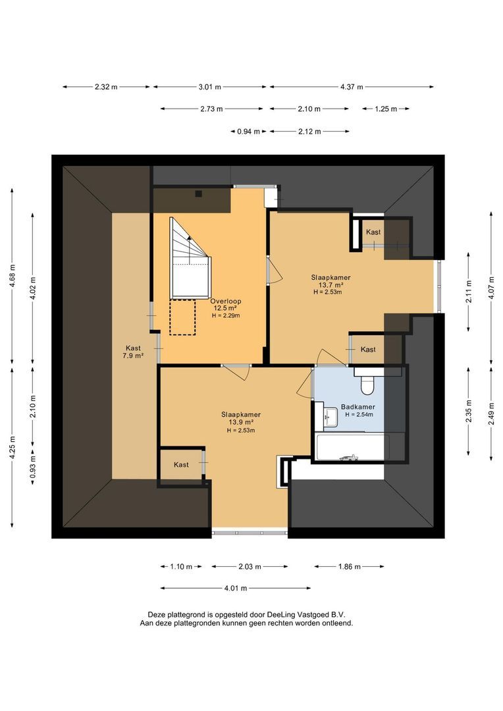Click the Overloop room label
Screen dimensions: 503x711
pyautogui.click(x=225, y=301)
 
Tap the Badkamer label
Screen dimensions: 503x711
pyautogui.click(x=358, y=407)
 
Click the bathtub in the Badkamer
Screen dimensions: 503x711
pyautogui.click(x=352, y=447)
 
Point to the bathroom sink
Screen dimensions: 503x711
pyautogui.click(x=331, y=417)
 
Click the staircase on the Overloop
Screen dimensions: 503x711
pyautogui.click(x=190, y=259)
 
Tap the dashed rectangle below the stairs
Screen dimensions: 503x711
pyautogui.click(x=182, y=317)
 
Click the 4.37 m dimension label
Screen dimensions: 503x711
pyautogui.click(x=352, y=87)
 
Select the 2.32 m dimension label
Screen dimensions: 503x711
pyautogui.click(x=106, y=87)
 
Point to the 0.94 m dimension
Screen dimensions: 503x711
pyautogui.click(x=249, y=132)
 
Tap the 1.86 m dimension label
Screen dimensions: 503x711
pyautogui.click(x=349, y=566)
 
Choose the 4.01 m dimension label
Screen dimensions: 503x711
pyautogui.click(x=236, y=588)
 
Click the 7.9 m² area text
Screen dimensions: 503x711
pyautogui.click(x=133, y=356)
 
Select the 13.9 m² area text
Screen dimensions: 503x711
pyautogui.click(x=241, y=422)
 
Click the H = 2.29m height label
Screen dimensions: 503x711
pyautogui.click(x=226, y=315)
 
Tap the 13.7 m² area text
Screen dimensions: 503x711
pyautogui.click(x=331, y=285)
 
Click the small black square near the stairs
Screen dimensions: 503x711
pyautogui.click(x=198, y=194)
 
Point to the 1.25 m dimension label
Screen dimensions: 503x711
pyautogui.click(x=386, y=109)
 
